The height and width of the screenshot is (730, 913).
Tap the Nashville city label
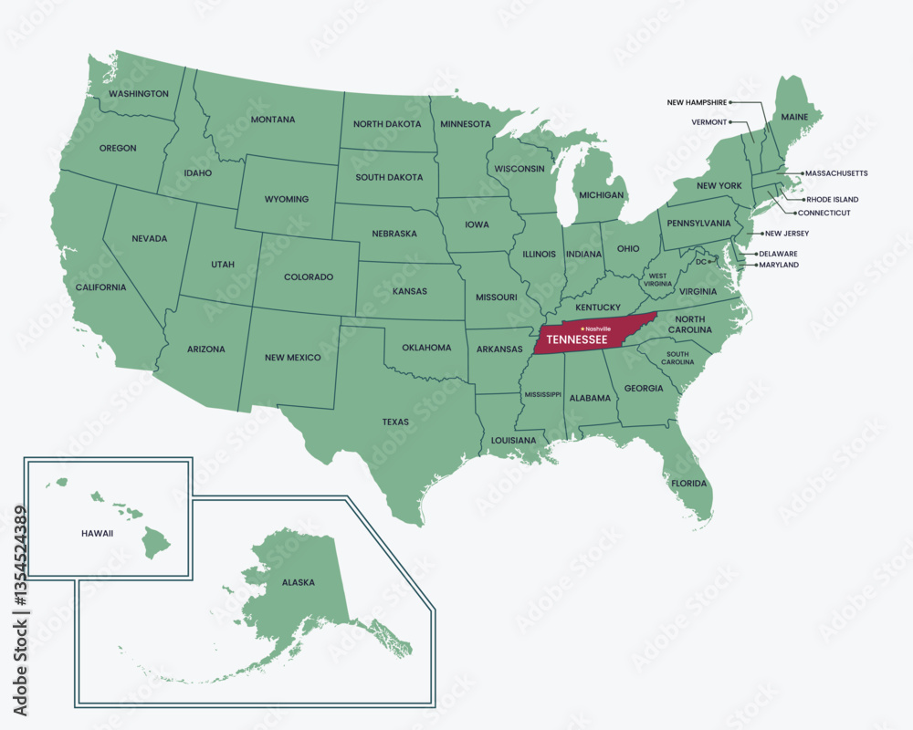point(598,328)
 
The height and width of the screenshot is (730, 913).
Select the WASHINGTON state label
point(138,94)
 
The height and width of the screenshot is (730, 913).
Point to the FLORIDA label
point(689,483)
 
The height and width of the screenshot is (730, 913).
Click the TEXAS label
point(395,422)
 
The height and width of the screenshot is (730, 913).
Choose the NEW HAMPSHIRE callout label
point(697,103)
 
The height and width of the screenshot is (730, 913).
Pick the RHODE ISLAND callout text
point(832,199)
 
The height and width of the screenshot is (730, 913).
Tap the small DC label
point(701,262)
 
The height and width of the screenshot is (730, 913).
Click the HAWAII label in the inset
point(96,533)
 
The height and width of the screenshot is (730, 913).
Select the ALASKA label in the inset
point(298,581)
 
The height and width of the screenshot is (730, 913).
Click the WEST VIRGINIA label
point(658,279)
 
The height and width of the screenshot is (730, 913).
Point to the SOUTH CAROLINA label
point(677,358)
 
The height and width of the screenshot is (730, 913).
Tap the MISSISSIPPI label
point(542,394)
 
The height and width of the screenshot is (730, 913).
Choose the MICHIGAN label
point(602,195)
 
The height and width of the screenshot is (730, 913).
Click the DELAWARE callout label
point(777,254)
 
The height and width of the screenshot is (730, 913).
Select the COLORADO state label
point(308,276)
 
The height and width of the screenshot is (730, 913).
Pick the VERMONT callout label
point(709,121)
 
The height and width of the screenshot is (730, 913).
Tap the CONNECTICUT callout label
point(824,213)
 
